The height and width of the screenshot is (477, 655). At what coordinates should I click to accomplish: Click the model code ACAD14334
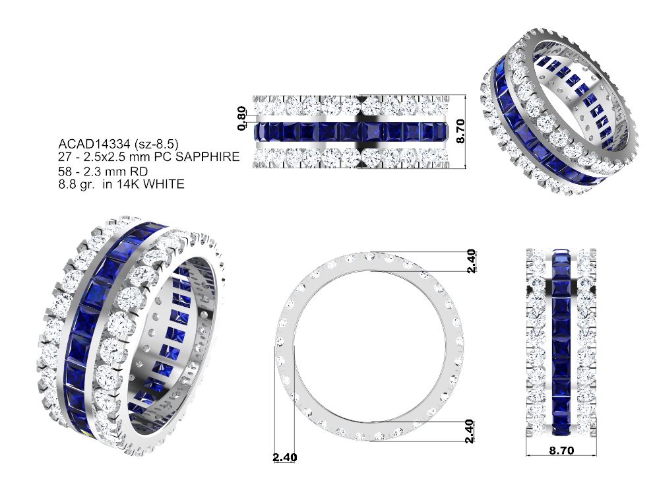pyautogui.click(x=94, y=144)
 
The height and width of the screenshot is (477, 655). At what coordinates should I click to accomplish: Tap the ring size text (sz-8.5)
pyautogui.click(x=156, y=144)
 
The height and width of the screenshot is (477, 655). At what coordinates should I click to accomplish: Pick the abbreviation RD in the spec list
pyautogui.click(x=140, y=172)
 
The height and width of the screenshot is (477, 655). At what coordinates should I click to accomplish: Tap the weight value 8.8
pyautogui.click(x=67, y=184)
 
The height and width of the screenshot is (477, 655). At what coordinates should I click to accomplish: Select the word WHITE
pyautogui.click(x=164, y=184)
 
